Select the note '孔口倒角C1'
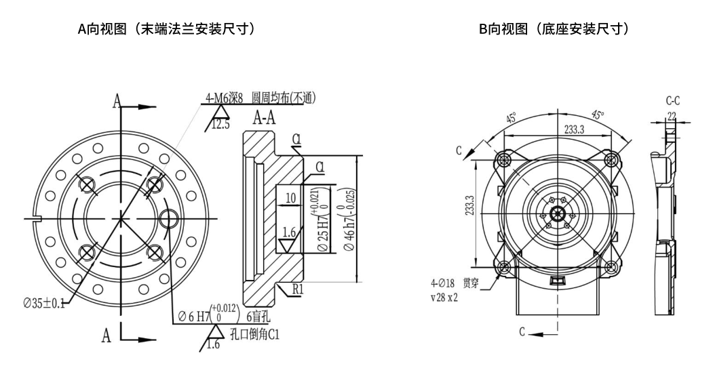pos(254,334)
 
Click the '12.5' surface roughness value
pos(221,125)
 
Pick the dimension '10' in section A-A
pos(291,197)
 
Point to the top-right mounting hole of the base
pos(612,159)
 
